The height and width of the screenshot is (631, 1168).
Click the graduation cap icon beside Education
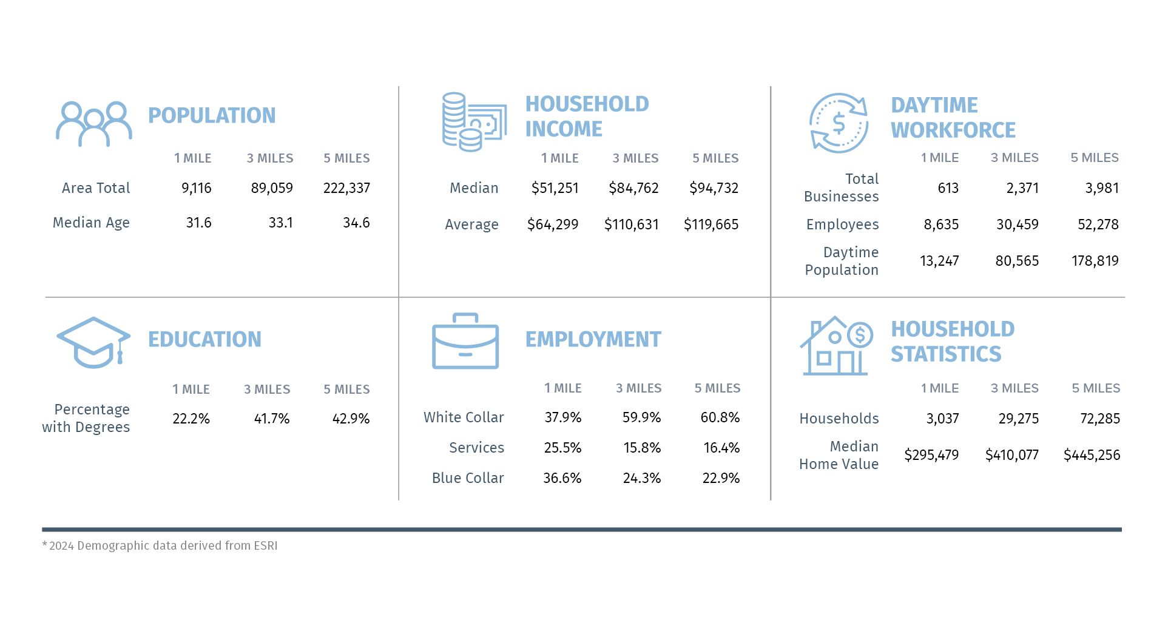click(93, 342)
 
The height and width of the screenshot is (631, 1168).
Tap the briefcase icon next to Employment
click(465, 341)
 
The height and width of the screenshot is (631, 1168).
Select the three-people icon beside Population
click(94, 124)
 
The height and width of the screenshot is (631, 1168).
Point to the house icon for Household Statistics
click(835, 346)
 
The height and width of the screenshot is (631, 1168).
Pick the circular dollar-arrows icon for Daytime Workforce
click(839, 123)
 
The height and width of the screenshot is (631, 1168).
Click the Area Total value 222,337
click(346, 188)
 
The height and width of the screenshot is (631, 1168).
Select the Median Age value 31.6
click(198, 223)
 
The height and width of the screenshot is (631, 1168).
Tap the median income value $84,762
click(633, 188)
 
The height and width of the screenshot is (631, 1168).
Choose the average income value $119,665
click(711, 224)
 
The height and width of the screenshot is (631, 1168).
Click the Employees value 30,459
click(1017, 224)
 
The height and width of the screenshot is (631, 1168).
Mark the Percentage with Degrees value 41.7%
click(271, 419)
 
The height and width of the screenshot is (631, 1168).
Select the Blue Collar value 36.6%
click(562, 478)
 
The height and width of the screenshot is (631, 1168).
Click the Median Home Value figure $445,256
click(1092, 455)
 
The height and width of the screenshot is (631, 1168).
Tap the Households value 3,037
click(942, 419)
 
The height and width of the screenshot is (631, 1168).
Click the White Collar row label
click(464, 417)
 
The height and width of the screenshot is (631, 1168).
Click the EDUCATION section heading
click(204, 339)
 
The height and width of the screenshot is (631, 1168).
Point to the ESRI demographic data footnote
click(160, 545)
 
